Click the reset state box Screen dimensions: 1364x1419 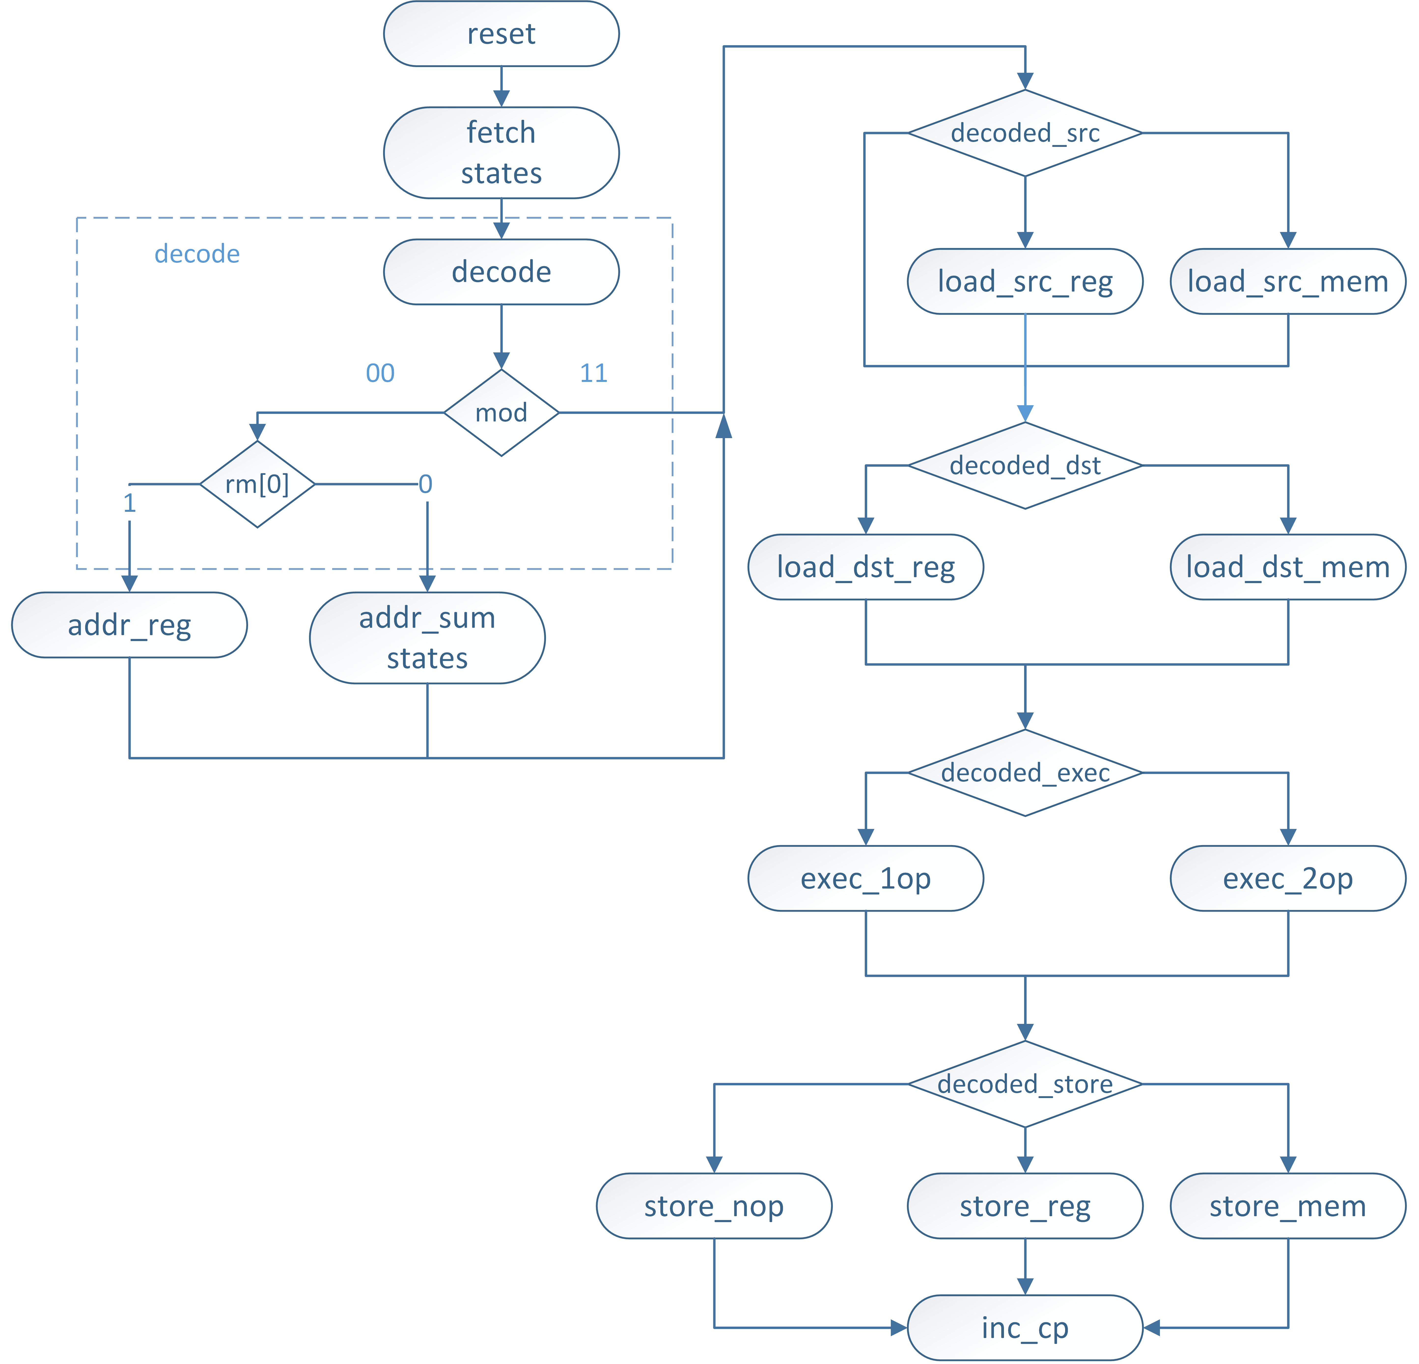click(501, 34)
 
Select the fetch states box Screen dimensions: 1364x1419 click(501, 153)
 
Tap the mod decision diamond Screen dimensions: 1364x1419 click(501, 413)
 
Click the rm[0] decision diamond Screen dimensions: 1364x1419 click(257, 484)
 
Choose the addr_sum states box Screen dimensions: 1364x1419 click(427, 638)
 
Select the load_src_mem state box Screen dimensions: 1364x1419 click(1287, 282)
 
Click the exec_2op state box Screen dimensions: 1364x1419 click(1287, 878)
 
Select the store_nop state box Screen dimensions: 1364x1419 click(714, 1206)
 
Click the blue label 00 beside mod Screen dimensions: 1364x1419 click(380, 373)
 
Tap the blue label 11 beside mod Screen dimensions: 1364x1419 click(594, 373)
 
